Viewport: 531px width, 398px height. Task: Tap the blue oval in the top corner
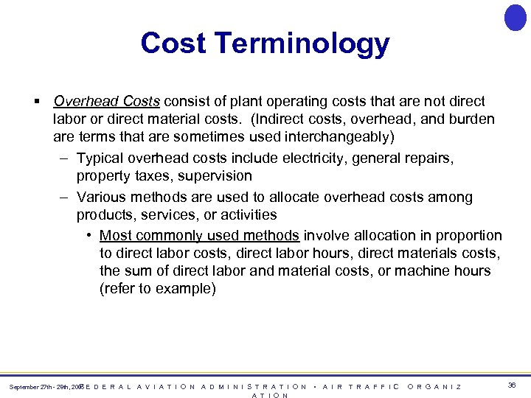[515, 17]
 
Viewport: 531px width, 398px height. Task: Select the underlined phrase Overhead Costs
[108, 101]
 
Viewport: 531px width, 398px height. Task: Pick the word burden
[468, 119]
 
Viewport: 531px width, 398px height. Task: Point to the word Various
[101, 198]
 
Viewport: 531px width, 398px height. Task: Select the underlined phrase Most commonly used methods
[199, 236]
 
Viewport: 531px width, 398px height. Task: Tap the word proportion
[465, 236]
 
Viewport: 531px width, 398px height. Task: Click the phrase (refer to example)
[158, 289]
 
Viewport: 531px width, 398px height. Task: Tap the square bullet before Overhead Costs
[36, 101]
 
